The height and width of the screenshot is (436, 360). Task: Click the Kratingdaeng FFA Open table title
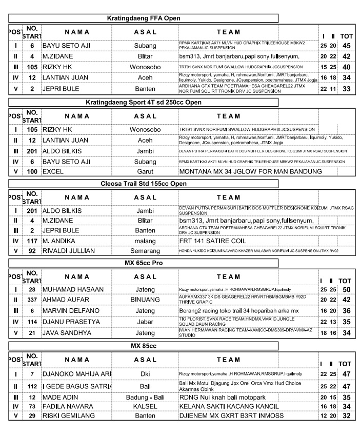144,18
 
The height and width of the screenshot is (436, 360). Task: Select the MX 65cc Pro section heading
144,264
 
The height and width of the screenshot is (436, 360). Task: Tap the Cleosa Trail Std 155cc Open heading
144,184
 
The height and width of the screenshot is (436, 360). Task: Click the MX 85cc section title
144,346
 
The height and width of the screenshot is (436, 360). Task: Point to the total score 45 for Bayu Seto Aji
347,46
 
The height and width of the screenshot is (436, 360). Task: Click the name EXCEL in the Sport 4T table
53,171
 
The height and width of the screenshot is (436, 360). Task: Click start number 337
32,299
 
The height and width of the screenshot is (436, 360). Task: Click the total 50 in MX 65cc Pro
347,290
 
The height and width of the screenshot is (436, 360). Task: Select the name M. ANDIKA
59,241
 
